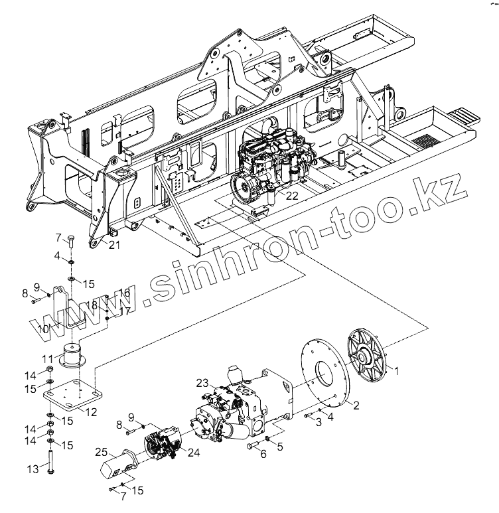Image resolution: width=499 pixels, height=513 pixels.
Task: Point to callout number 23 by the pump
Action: [x=202, y=382]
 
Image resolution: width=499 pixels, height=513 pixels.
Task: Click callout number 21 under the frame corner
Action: [x=115, y=246]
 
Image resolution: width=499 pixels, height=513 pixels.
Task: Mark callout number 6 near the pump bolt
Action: [x=263, y=454]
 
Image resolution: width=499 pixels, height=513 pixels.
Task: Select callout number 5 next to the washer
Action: [x=279, y=447]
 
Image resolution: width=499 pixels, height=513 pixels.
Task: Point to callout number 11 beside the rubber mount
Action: [x=48, y=359]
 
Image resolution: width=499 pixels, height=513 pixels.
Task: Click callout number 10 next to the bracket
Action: [x=43, y=329]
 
